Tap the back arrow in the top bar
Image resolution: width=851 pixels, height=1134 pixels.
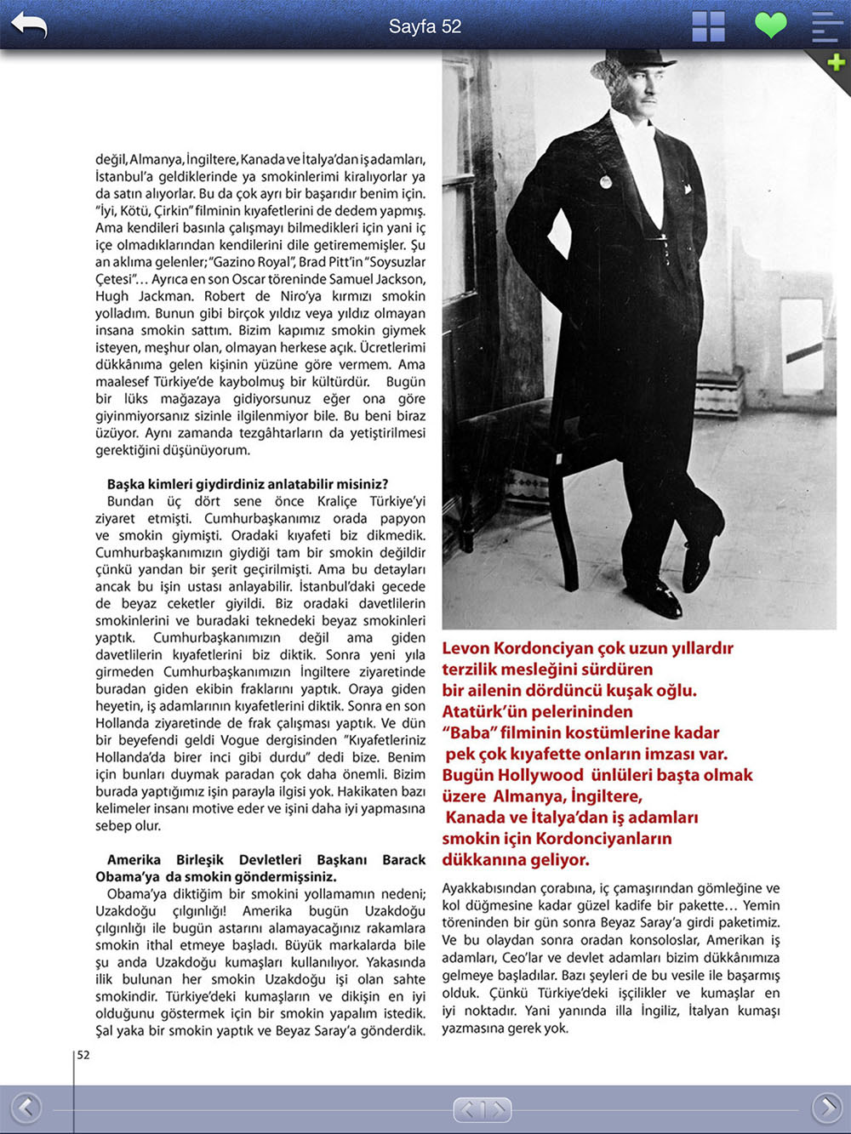pos(29,26)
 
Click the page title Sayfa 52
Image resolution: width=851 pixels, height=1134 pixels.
pos(425,26)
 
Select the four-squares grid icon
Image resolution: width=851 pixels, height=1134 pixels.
pos(708,26)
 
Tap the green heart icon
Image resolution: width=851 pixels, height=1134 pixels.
pos(771,25)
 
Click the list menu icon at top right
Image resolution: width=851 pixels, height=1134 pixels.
pos(826,26)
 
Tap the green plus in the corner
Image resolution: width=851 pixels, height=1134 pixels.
pos(836,62)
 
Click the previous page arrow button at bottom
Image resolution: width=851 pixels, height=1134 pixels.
pos(26,1108)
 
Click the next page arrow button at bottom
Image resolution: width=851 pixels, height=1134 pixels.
pos(826,1108)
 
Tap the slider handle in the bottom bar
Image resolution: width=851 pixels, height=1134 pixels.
pos(482,1109)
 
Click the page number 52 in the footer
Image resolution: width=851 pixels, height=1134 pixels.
pos(83,1055)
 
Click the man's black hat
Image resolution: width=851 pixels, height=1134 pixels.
pos(634,61)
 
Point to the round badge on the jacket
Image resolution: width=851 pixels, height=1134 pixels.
pos(605,181)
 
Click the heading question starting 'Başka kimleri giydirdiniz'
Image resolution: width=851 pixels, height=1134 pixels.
pos(247,484)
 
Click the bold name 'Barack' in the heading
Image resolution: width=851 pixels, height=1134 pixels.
pos(403,859)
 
